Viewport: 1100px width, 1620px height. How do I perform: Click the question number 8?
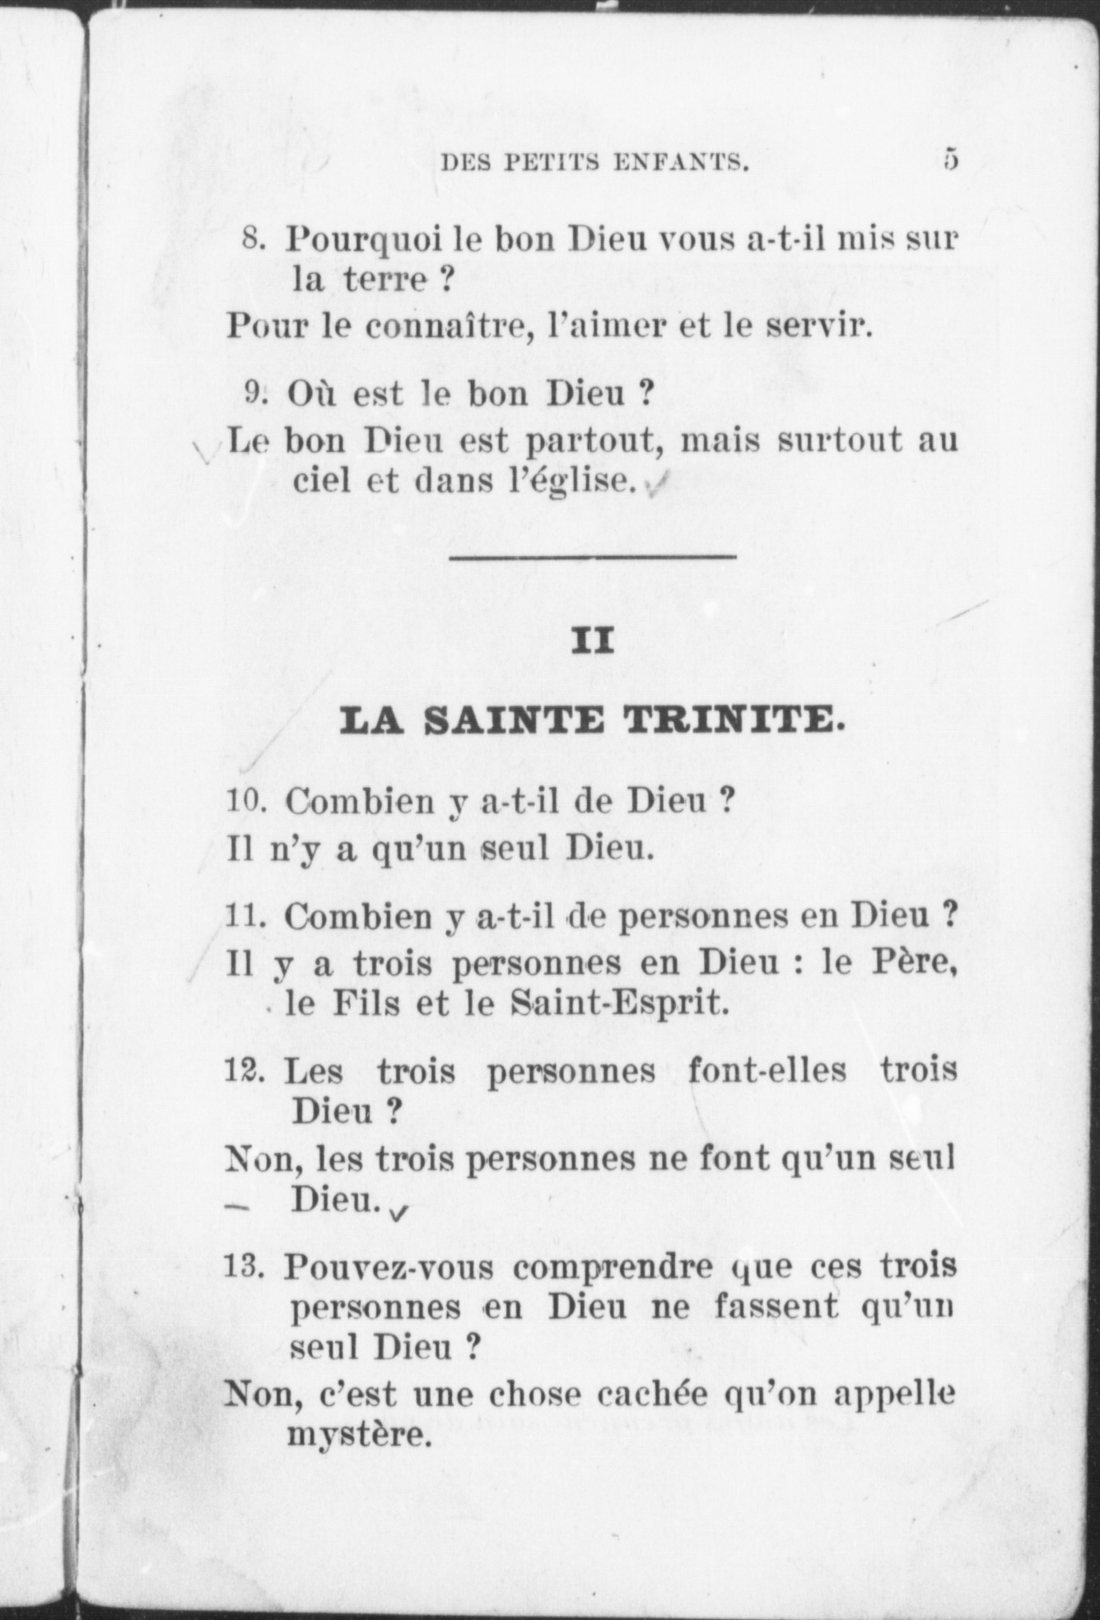click(x=253, y=240)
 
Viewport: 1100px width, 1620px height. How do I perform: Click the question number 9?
click(x=253, y=394)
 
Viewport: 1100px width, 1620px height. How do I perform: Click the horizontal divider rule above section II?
click(x=593, y=558)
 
